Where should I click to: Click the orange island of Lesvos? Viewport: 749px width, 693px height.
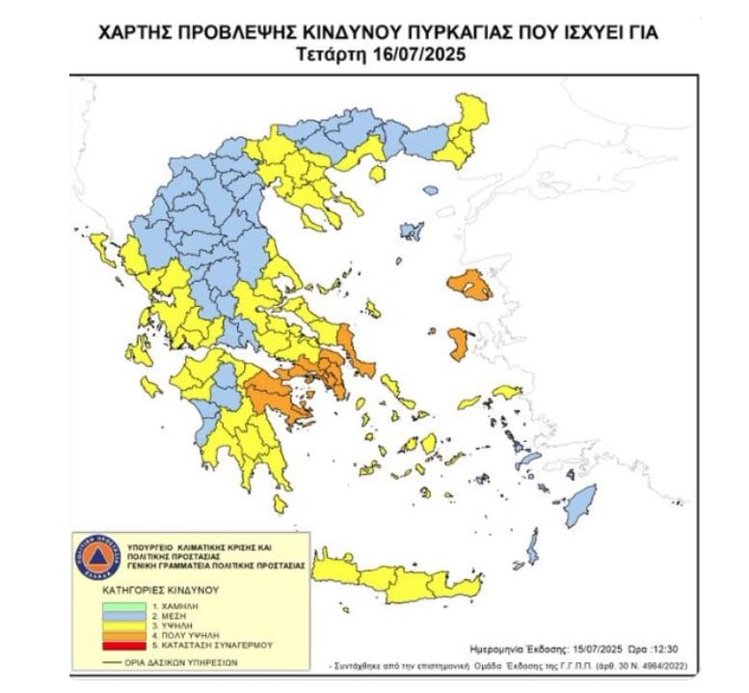point(469,287)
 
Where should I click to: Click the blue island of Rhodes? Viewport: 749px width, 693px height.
point(578,503)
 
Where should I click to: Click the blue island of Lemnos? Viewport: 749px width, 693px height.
point(412,232)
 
